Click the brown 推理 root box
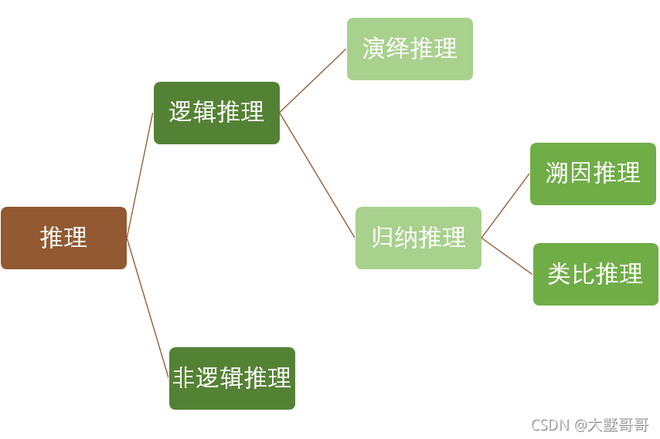click(x=63, y=238)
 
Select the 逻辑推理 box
click(x=216, y=113)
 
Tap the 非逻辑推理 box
click(x=232, y=378)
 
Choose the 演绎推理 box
click(x=410, y=49)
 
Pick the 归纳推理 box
click(x=418, y=238)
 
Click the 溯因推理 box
click(x=593, y=174)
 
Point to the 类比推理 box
click(x=595, y=274)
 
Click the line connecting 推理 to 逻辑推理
click(x=140, y=175)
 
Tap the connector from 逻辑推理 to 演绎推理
click(x=313, y=80)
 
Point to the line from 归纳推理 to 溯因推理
click(x=505, y=206)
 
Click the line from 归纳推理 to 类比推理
click(x=507, y=256)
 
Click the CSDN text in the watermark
click(x=549, y=425)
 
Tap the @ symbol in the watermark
click(x=580, y=425)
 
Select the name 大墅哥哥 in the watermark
click(x=618, y=425)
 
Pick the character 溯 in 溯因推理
click(x=556, y=174)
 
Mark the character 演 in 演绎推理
click(x=374, y=49)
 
